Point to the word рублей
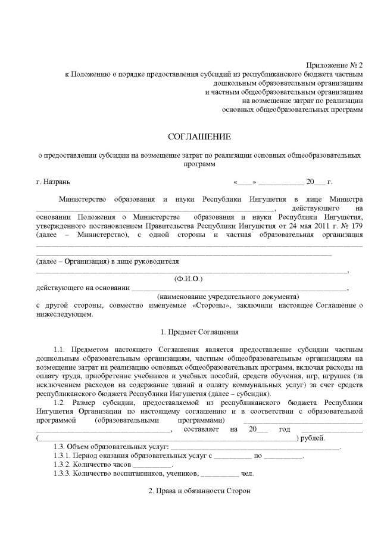click(312, 438)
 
